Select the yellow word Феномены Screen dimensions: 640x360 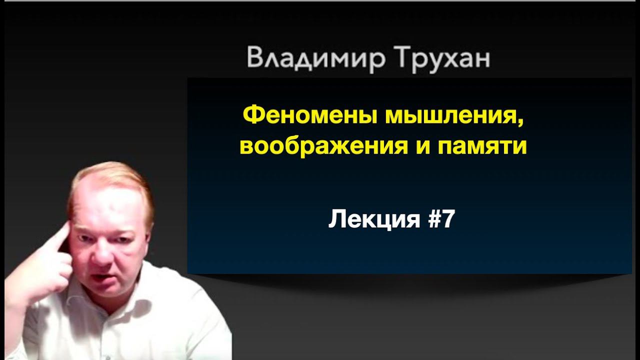click(x=309, y=117)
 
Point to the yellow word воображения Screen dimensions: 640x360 click(x=323, y=147)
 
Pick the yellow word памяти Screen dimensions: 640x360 click(x=482, y=147)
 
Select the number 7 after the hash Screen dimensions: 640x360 click(x=447, y=219)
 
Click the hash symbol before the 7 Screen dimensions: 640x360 click(x=432, y=219)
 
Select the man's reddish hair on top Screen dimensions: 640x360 click(x=114, y=174)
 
